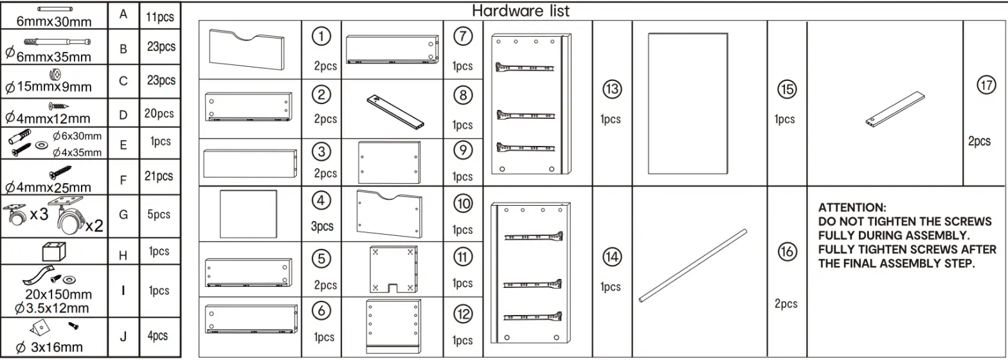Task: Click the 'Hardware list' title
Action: (x=521, y=11)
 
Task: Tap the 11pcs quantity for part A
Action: (x=160, y=17)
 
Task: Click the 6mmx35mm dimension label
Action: (x=54, y=56)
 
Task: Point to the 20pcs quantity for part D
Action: (x=159, y=114)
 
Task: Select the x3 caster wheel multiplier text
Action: (x=39, y=215)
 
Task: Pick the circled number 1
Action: (x=321, y=37)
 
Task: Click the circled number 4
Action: (x=321, y=201)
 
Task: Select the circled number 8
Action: (x=463, y=94)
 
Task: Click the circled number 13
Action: (x=611, y=89)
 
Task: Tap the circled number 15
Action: (x=786, y=89)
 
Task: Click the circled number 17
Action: (x=986, y=85)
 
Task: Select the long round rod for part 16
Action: (x=693, y=265)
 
